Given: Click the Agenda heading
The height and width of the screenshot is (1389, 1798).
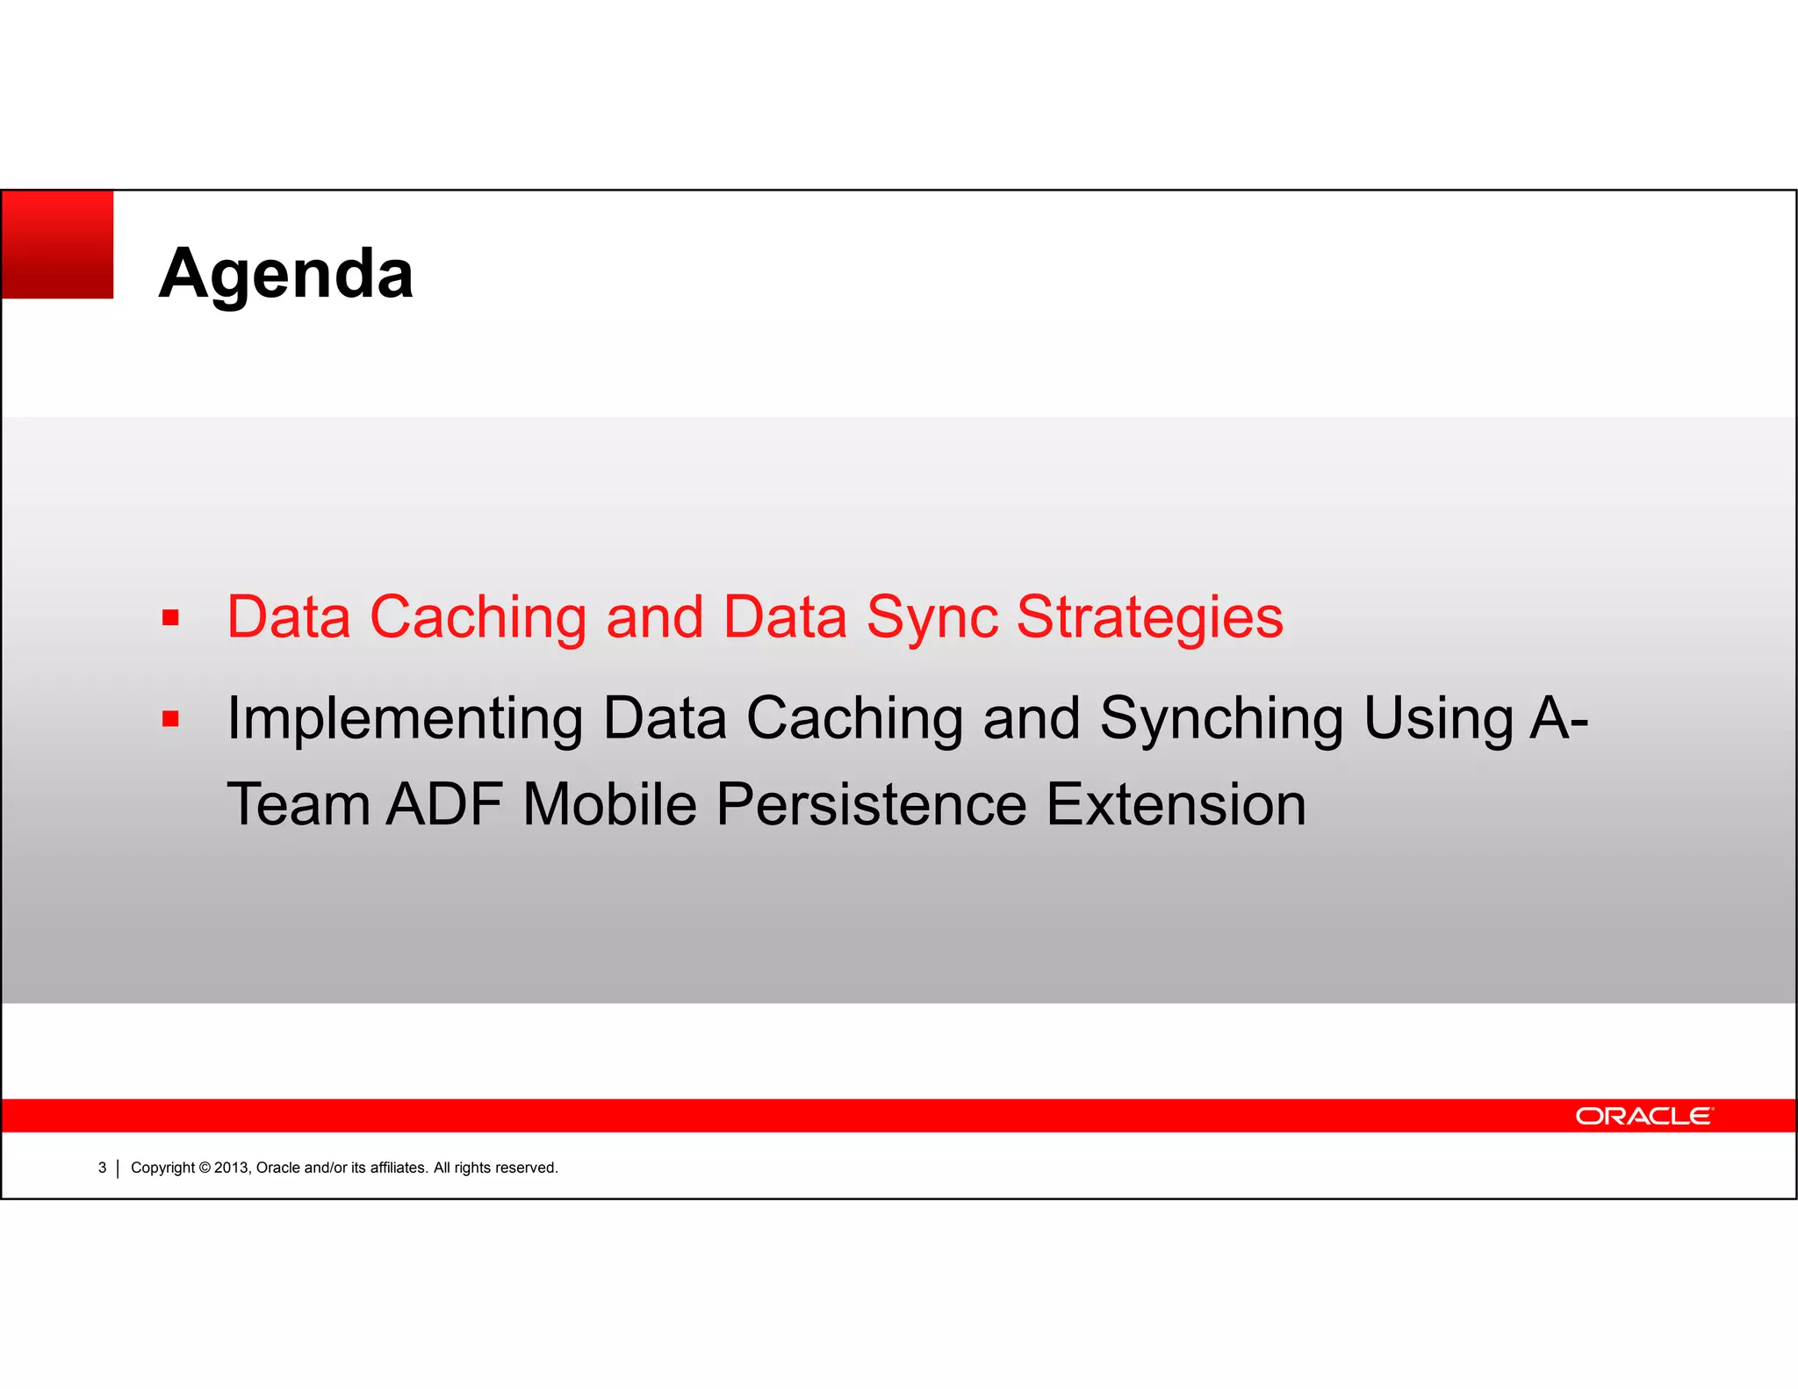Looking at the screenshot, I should [285, 273].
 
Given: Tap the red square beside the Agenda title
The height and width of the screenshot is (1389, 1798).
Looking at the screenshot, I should [58, 245].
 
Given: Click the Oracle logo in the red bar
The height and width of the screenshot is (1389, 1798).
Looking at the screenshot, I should [1643, 1116].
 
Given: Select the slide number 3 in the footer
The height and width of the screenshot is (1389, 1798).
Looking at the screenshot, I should [102, 1168].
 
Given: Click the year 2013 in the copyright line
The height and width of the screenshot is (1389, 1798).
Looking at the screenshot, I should [232, 1168].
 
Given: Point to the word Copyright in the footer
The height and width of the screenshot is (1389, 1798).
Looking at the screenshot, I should [162, 1168].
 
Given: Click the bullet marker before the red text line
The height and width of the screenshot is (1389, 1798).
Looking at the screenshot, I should [170, 618].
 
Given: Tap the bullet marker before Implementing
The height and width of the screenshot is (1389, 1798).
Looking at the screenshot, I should [170, 720].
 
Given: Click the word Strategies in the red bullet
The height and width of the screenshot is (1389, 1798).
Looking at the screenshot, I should [1149, 618].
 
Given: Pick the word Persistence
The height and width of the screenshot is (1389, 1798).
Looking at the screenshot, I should [871, 804].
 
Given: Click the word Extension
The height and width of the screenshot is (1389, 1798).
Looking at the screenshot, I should [1176, 804].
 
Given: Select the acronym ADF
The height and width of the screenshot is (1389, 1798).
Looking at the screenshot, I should [444, 804].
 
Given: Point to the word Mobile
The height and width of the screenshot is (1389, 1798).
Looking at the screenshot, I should [609, 804].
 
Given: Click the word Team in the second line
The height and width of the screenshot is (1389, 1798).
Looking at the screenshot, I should [298, 804].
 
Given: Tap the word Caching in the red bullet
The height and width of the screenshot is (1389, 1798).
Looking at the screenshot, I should [478, 618].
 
